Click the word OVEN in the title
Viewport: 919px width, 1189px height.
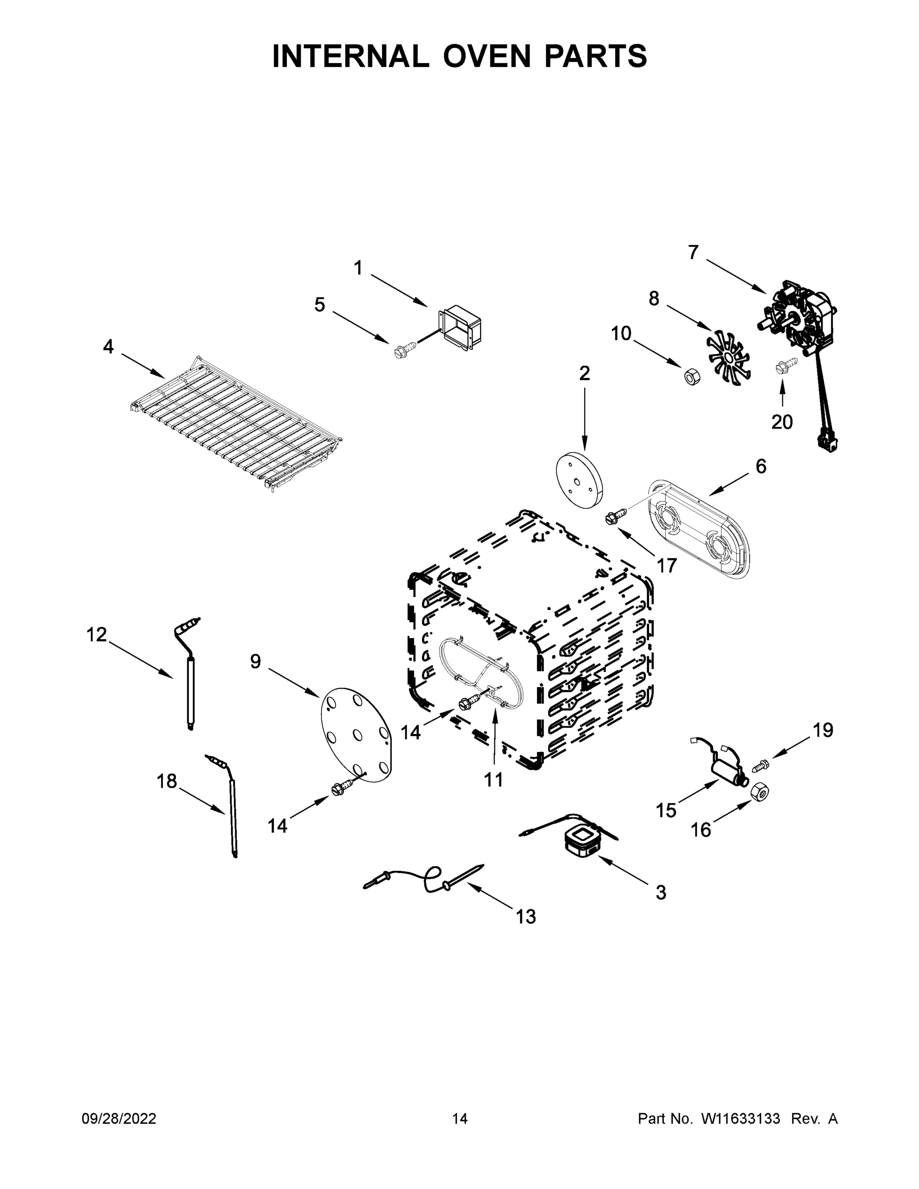(486, 56)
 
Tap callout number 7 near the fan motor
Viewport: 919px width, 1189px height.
(693, 253)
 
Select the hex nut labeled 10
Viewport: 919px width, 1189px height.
(692, 375)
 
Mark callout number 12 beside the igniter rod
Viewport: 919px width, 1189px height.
(97, 634)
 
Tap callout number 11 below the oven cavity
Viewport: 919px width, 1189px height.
(494, 780)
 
